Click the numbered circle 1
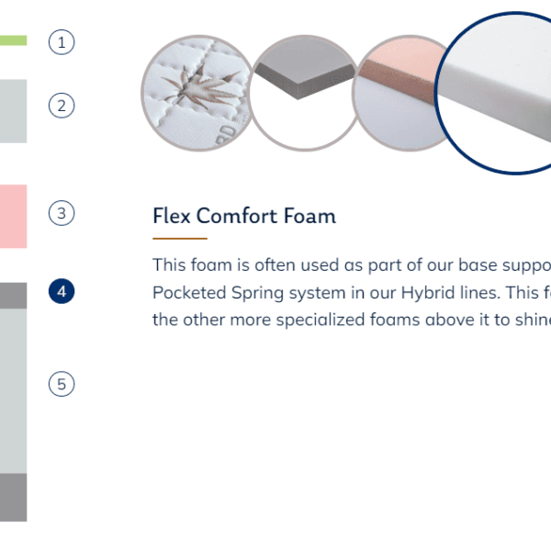62,42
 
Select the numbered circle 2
62,106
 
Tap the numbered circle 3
62,213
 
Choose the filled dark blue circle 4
62,291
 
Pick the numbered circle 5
62,384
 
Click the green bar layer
14,40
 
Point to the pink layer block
14,217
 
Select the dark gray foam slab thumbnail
304,93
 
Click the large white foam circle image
492,93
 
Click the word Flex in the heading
172,216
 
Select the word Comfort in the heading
237,216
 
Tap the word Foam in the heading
309,216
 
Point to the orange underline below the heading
180,239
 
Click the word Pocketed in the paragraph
189,292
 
